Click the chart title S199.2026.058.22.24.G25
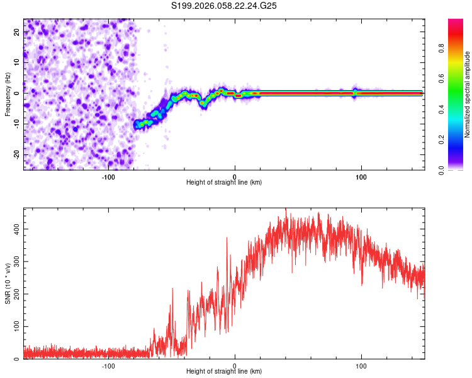(225, 6)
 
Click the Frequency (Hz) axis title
(8, 94)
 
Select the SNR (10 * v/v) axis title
(8, 283)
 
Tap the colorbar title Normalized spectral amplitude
(468, 94)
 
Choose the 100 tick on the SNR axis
(16, 327)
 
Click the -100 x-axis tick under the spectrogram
(108, 176)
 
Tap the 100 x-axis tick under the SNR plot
(361, 365)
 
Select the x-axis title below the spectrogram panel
(224, 183)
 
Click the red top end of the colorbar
(456, 22)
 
